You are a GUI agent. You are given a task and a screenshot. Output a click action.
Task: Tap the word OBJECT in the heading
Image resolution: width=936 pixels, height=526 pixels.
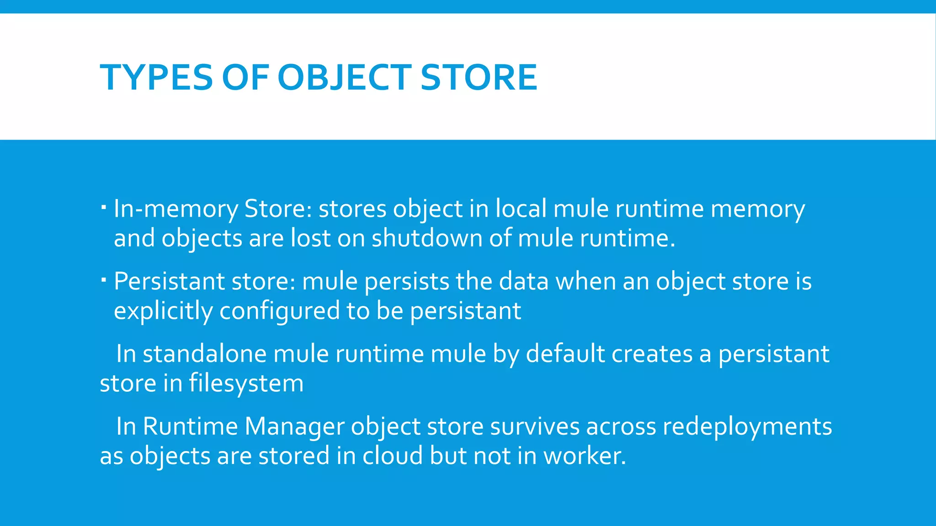tap(344, 77)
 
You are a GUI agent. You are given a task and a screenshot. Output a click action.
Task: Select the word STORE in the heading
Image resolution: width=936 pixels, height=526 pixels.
tap(479, 77)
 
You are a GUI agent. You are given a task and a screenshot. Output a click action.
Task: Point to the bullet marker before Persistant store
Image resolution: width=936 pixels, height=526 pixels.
tap(104, 279)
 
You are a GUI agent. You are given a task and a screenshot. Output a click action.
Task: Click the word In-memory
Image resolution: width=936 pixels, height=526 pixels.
tap(175, 209)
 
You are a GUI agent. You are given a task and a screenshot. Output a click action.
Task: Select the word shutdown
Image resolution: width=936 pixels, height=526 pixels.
tap(427, 238)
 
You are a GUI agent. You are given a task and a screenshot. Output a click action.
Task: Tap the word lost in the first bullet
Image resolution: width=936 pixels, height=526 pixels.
tap(310, 238)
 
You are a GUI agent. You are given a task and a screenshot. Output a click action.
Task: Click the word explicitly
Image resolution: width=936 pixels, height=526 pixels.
tap(163, 311)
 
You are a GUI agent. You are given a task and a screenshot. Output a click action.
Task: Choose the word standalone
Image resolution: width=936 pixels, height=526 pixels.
tap(204, 354)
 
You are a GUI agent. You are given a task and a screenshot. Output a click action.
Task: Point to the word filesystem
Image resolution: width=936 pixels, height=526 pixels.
tap(246, 383)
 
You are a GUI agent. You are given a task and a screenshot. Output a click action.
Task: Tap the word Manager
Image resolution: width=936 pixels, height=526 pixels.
tap(294, 426)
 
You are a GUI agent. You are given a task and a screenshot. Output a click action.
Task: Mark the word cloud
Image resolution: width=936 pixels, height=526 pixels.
tap(393, 456)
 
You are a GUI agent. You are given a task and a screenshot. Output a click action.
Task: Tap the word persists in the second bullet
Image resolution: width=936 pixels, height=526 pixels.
tap(407, 281)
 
